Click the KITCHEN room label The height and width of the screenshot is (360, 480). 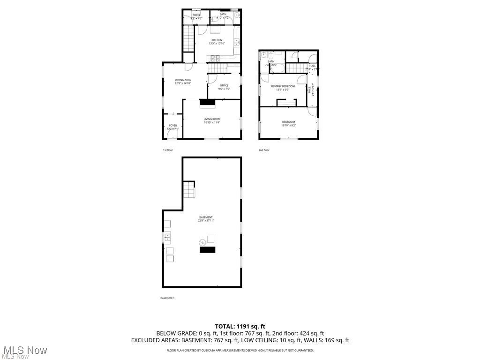pos(217,40)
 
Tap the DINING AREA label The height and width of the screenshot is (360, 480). pos(183,80)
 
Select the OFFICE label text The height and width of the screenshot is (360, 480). pos(224,85)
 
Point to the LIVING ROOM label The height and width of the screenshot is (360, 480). pos(212,119)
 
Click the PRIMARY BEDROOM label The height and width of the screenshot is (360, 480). pos(283,86)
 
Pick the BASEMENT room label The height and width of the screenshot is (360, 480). pos(206,217)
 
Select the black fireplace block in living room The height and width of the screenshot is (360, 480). pos(207,103)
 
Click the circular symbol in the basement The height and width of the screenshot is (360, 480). pos(203,242)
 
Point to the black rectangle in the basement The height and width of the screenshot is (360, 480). pos(208,250)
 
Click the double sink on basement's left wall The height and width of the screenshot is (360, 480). pos(167,238)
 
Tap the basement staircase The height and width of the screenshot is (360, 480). pos(188,190)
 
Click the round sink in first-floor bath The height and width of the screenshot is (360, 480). pos(238,15)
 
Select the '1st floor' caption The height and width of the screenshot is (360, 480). pos(168,150)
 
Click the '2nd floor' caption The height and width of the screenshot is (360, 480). pos(264,150)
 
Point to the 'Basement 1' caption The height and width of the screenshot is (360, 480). pos(167,298)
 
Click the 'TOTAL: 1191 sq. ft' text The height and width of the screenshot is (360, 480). pos(240,326)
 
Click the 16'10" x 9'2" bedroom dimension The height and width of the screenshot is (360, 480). pos(288,126)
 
